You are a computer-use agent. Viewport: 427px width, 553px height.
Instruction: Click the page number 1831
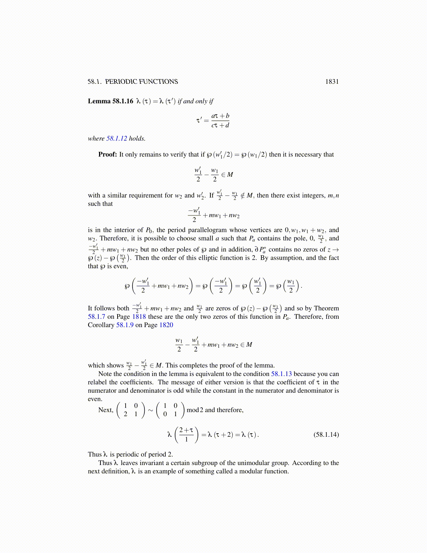[x=332, y=82]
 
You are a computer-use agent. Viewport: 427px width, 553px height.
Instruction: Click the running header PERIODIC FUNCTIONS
[x=141, y=82]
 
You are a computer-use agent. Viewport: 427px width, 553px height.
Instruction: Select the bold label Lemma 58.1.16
[x=111, y=101]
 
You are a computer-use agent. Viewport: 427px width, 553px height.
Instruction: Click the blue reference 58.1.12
[x=117, y=139]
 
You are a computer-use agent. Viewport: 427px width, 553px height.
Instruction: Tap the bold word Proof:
[x=107, y=155]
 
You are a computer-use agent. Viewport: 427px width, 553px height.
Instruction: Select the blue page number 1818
[x=139, y=317]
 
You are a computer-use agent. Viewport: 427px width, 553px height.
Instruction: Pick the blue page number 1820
[x=166, y=325]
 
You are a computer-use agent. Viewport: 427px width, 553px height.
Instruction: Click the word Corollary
[x=101, y=325]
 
